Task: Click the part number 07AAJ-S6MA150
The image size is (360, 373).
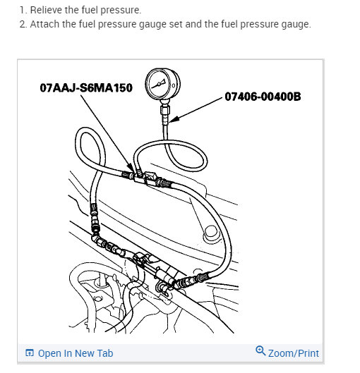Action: point(86,87)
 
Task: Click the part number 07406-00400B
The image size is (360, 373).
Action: point(263,97)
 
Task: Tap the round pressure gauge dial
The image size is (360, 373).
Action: point(162,84)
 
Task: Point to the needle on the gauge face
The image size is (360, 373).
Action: point(159,84)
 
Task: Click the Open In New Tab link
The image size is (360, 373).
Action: point(76,353)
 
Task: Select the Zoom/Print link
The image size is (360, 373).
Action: point(294,353)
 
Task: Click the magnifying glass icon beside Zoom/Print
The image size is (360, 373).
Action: point(260,351)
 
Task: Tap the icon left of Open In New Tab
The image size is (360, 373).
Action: point(30,353)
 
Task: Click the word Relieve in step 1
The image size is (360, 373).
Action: point(46,10)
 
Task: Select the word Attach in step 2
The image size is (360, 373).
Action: point(44,24)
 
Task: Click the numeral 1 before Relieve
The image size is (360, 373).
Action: point(22,10)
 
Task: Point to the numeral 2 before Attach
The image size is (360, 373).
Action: point(23,24)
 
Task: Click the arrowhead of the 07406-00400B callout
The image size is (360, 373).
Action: point(173,120)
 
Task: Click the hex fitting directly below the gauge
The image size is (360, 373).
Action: point(165,110)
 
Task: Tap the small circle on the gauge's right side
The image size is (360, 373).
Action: point(174,85)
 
